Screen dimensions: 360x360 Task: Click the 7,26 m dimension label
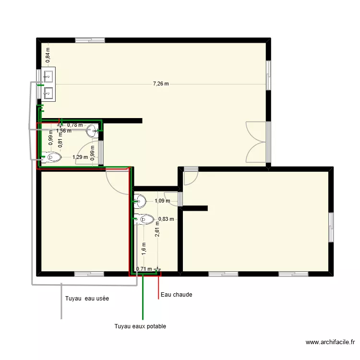coord(161,84)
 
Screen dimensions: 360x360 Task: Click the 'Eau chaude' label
coord(176,295)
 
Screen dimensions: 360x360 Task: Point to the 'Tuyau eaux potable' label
coord(140,326)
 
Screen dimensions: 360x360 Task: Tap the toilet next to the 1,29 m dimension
coord(52,157)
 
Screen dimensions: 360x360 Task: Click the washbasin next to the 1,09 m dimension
coord(140,200)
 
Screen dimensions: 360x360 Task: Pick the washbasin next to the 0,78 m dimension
coord(93,130)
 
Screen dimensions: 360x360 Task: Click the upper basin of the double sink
coord(48,76)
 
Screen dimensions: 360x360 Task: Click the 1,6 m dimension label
coord(144,248)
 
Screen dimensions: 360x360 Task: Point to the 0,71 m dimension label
coord(144,269)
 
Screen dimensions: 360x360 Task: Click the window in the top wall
coord(90,40)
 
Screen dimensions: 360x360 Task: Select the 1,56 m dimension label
coord(63,130)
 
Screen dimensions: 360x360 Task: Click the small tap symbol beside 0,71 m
coord(157,270)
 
